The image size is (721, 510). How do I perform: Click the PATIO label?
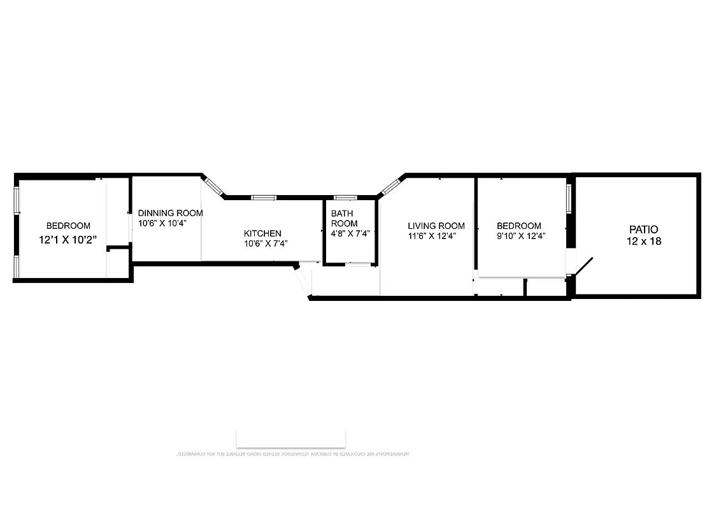point(643,229)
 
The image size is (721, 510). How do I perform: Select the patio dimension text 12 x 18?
point(643,242)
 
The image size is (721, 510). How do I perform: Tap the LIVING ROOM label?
point(436,226)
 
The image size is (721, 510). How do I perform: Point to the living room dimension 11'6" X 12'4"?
point(432,236)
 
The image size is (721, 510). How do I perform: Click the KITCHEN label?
point(262,233)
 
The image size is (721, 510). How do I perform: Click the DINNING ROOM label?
point(171,213)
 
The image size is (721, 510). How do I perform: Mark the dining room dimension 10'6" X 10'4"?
point(162,223)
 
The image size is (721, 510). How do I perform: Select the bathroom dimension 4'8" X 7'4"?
point(350,233)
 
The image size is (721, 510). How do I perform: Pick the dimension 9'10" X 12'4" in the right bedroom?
point(521,236)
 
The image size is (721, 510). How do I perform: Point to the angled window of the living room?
point(390,186)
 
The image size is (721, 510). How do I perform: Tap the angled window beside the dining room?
point(213,186)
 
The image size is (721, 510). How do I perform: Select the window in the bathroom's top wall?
point(345,198)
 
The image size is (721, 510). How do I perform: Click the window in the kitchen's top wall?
point(262,198)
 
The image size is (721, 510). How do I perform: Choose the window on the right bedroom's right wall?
point(569,198)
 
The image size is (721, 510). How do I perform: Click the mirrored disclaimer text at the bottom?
point(292,454)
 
